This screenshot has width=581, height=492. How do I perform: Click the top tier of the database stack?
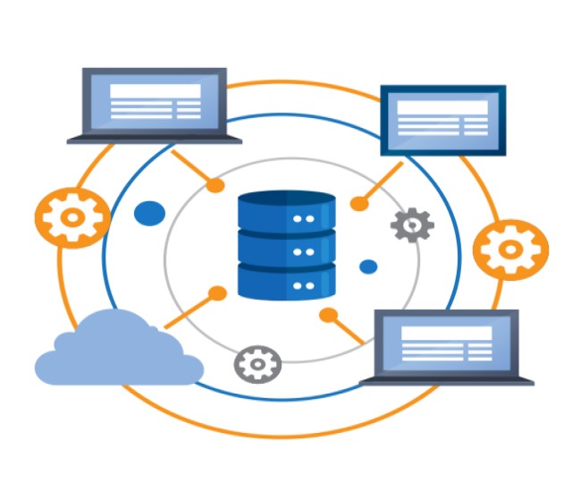(287, 211)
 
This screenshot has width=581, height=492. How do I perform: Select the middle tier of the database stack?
(287, 245)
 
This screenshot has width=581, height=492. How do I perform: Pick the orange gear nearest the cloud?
(72, 216)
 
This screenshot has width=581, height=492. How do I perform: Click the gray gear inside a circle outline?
(257, 363)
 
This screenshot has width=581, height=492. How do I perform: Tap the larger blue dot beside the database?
(149, 214)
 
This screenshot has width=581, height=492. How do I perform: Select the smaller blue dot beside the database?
(368, 267)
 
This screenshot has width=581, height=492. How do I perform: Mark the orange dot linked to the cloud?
(217, 293)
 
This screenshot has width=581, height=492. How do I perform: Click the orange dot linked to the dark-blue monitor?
(358, 204)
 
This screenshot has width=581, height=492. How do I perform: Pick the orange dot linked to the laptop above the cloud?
(215, 185)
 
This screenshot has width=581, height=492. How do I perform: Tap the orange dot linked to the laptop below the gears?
(328, 315)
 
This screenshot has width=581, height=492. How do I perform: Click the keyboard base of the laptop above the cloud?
(155, 139)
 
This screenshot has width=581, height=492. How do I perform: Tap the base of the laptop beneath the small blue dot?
(446, 381)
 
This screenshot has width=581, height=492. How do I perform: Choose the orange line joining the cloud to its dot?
(190, 309)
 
